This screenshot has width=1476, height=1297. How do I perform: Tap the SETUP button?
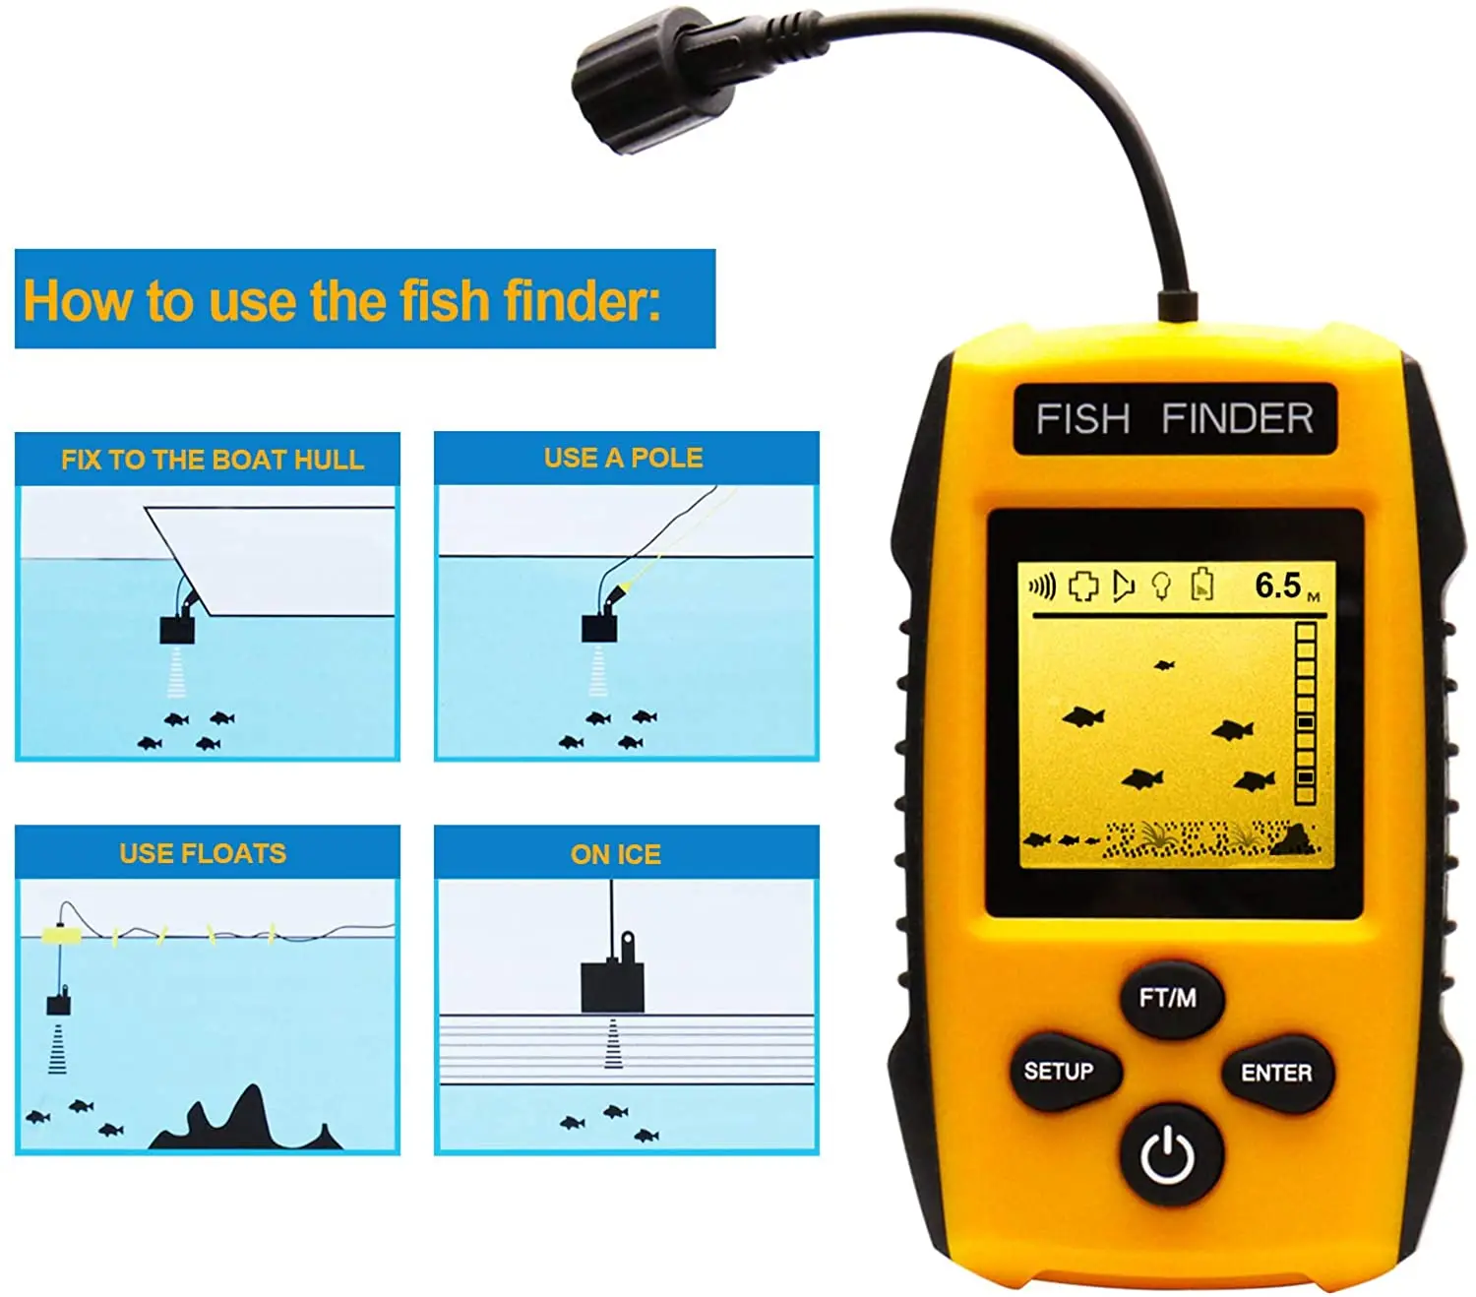tap(1065, 1071)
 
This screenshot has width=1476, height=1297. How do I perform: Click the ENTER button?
tap(1275, 1073)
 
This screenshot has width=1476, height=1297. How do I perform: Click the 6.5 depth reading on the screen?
tap(1277, 585)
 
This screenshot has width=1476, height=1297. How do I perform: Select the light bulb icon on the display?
tap(1161, 586)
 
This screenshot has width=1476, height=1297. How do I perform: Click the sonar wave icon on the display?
tap(1042, 586)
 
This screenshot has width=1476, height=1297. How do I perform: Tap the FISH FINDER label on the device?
tap(1174, 418)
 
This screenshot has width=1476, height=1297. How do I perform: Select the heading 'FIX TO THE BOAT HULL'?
tap(212, 460)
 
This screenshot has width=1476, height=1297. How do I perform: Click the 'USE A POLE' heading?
tap(624, 458)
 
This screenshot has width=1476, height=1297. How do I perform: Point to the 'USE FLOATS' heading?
tap(203, 853)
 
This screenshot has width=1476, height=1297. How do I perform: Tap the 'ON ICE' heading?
tap(616, 854)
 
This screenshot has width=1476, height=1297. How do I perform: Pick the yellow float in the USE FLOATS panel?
tap(61, 933)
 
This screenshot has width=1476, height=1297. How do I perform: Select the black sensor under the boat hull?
tap(177, 629)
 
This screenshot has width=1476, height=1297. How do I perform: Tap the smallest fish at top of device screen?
tap(1164, 664)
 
